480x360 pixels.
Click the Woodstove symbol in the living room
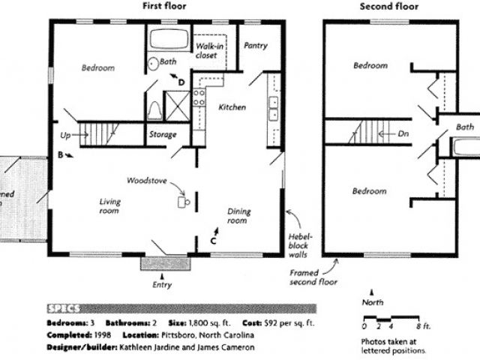[181, 201]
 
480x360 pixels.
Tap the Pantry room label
[255, 46]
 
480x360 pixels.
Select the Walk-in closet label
[209, 50]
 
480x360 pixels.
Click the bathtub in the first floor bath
[169, 40]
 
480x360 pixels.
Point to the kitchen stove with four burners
[199, 96]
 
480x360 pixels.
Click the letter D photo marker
[181, 81]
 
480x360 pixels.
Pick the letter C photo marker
[213, 241]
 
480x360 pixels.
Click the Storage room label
[162, 135]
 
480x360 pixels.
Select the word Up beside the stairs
[66, 136]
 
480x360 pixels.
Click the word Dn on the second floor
[403, 135]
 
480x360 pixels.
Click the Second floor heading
[388, 7]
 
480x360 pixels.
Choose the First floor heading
[164, 6]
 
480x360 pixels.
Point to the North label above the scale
[373, 301]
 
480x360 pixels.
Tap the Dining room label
[238, 216]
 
